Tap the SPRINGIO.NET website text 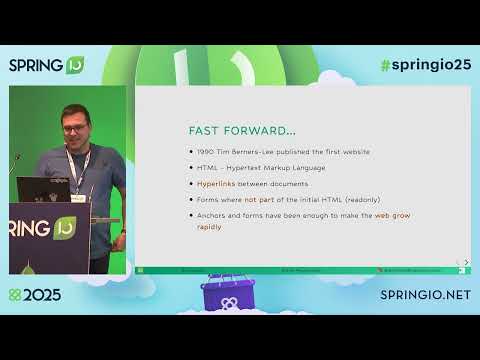(426, 296)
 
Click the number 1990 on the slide (207, 151)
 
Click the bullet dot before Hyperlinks (190, 184)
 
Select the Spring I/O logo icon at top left (75, 65)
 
